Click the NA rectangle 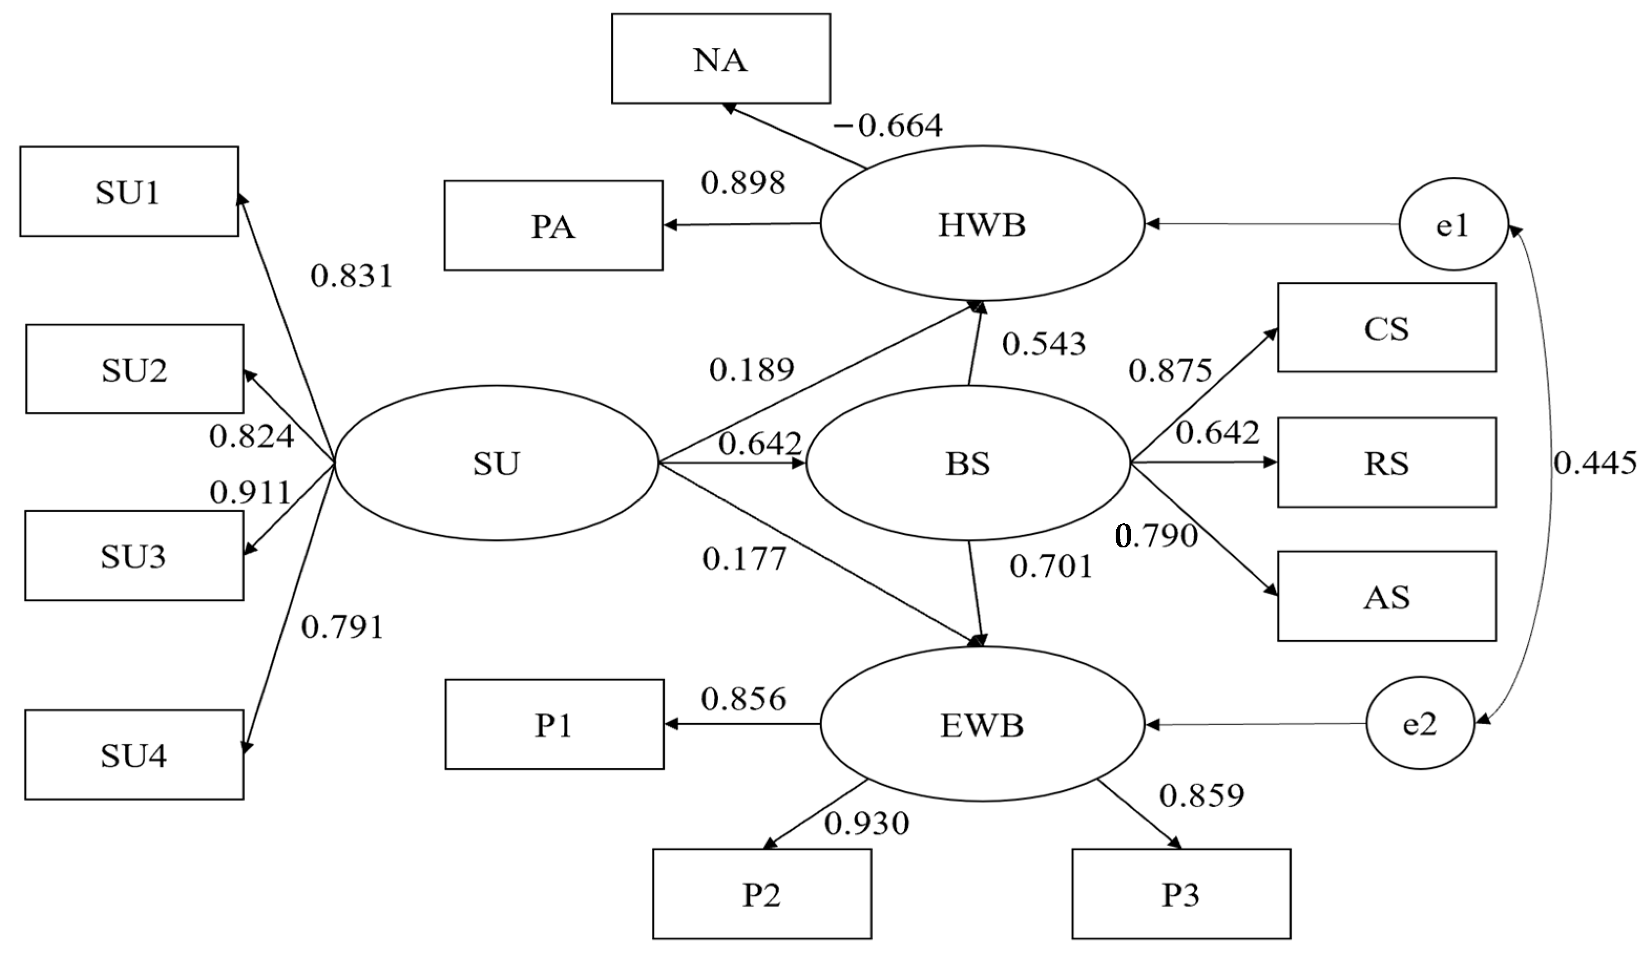point(720,59)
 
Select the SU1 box point(129,192)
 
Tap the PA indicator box point(553,225)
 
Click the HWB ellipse point(982,224)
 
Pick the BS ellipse point(967,463)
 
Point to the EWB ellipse point(982,724)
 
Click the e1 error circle point(1453,225)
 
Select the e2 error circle point(1420,724)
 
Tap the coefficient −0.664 point(887,125)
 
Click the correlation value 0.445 point(1595,463)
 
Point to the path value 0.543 point(1044,344)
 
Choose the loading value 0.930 point(867,823)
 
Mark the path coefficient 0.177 point(744,559)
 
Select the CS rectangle point(1387,327)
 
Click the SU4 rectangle point(134,754)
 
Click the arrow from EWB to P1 point(742,724)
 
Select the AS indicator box point(1387,596)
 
